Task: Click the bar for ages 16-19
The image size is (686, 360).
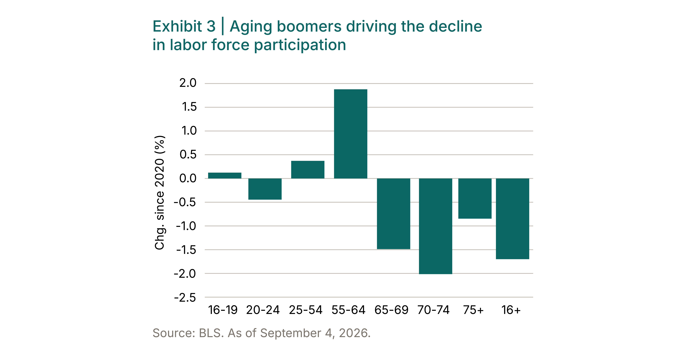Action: (x=225, y=175)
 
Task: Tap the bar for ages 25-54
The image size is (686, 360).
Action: (x=308, y=170)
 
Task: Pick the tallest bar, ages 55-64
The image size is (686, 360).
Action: (x=350, y=134)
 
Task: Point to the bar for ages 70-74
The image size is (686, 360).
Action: (x=435, y=226)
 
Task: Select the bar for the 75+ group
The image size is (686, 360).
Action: (x=475, y=198)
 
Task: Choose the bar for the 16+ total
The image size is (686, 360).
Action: (x=512, y=219)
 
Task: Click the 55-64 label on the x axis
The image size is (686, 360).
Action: (x=348, y=310)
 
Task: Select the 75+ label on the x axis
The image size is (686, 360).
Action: (x=473, y=310)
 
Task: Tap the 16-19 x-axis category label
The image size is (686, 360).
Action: (x=223, y=310)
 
